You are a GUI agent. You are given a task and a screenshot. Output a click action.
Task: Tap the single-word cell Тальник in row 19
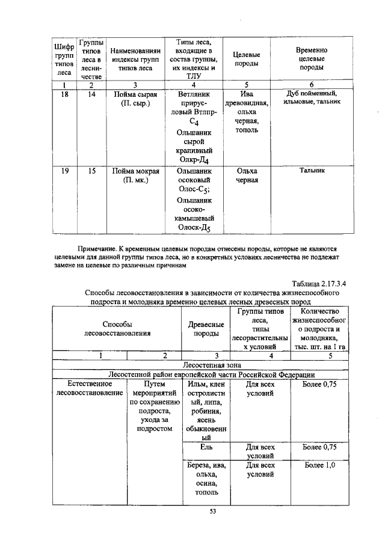coord(312,171)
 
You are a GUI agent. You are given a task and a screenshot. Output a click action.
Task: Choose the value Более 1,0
coord(319,465)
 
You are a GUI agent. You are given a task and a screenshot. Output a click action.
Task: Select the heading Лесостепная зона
coord(205,364)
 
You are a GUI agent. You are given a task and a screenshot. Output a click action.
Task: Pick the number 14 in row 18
coord(91,94)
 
